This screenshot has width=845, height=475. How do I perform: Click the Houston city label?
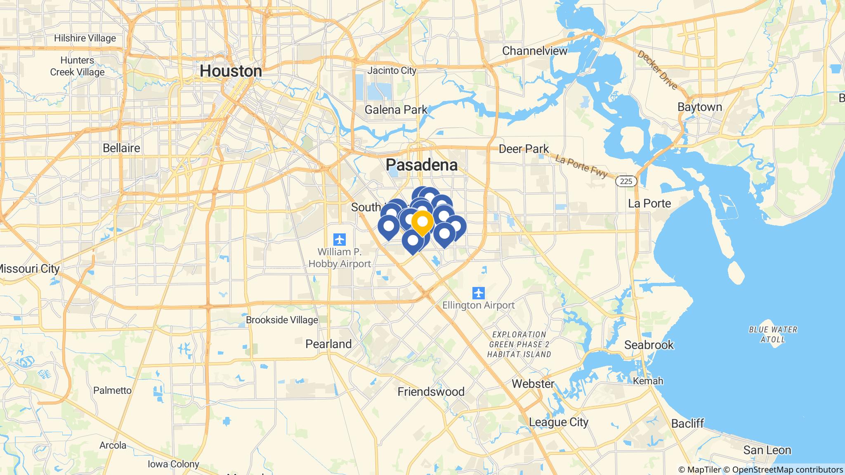(231, 71)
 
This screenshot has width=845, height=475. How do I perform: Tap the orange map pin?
(422, 222)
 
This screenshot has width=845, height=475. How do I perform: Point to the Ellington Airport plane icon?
(479, 294)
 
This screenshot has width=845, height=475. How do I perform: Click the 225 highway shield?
(626, 181)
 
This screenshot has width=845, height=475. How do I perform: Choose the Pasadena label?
(421, 165)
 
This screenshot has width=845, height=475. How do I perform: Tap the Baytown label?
(699, 107)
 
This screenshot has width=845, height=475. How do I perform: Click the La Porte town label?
(649, 203)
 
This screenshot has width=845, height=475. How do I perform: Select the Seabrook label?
(649, 345)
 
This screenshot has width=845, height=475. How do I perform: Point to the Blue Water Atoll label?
(773, 334)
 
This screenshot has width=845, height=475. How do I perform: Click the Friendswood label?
(431, 391)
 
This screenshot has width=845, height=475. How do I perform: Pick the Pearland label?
(328, 344)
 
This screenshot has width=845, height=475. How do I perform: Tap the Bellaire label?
(121, 148)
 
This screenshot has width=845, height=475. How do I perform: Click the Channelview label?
(535, 51)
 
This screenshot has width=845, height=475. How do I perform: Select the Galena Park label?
(396, 110)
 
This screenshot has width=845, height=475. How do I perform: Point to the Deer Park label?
(524, 149)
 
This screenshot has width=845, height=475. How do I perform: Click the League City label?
(559, 422)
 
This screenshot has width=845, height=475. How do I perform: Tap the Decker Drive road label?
(658, 70)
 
